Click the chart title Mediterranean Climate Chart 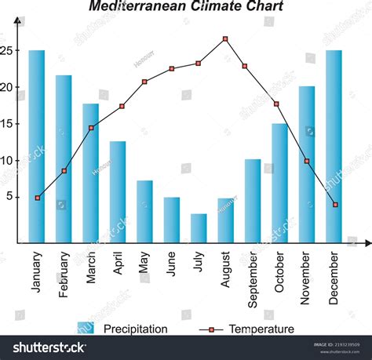(186, 6)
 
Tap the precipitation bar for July (199, 228)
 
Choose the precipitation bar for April (118, 192)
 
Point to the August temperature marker (225, 38)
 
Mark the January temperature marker (37, 198)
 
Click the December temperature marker (335, 205)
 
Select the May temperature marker (144, 82)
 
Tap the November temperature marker (307, 161)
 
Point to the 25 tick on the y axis (8, 51)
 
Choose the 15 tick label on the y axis (8, 124)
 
